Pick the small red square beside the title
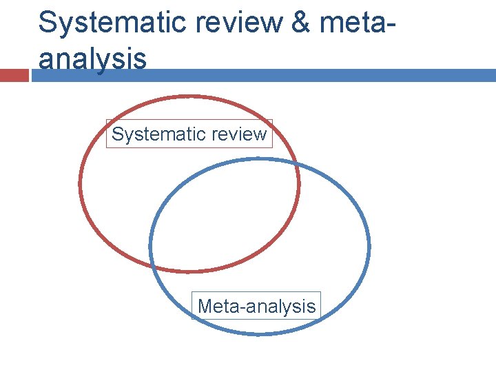click(x=14, y=75)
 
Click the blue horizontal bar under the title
click(x=262, y=75)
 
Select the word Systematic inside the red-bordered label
click(x=154, y=134)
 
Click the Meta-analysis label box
click(x=256, y=306)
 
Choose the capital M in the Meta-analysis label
click(x=205, y=306)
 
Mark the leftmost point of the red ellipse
click(x=80, y=183)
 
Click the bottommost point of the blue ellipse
click(x=259, y=334)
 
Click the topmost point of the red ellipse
click(x=189, y=96)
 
